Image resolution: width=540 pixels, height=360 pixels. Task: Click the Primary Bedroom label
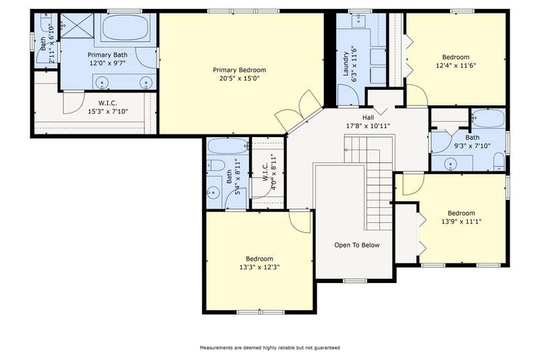click(x=240, y=70)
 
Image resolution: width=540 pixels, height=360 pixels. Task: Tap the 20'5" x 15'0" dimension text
click(x=240, y=78)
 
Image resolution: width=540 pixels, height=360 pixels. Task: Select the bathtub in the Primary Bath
click(x=126, y=27)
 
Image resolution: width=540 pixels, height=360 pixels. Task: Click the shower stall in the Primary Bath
click(x=77, y=26)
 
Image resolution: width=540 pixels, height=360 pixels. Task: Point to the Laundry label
click(x=346, y=63)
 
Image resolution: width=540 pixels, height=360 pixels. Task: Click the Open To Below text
click(x=357, y=245)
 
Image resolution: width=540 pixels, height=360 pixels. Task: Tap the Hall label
click(x=368, y=118)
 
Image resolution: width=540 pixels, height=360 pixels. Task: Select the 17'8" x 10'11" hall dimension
click(x=368, y=126)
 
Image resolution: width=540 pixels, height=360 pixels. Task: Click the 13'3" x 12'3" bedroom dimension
click(x=259, y=267)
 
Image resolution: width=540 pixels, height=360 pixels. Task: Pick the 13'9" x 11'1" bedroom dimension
click(x=461, y=222)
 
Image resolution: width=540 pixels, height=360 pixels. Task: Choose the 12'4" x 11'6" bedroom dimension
click(x=456, y=66)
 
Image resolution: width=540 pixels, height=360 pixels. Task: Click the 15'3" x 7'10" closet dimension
click(x=108, y=111)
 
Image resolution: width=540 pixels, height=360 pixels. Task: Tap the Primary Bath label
click(x=107, y=55)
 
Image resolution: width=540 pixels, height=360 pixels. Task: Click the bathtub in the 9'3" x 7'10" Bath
click(x=487, y=119)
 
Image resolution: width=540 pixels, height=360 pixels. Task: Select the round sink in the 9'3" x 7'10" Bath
click(x=450, y=163)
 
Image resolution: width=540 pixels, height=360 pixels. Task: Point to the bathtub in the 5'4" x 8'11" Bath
click(x=228, y=147)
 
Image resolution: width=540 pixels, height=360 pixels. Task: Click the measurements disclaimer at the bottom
click(x=269, y=348)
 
